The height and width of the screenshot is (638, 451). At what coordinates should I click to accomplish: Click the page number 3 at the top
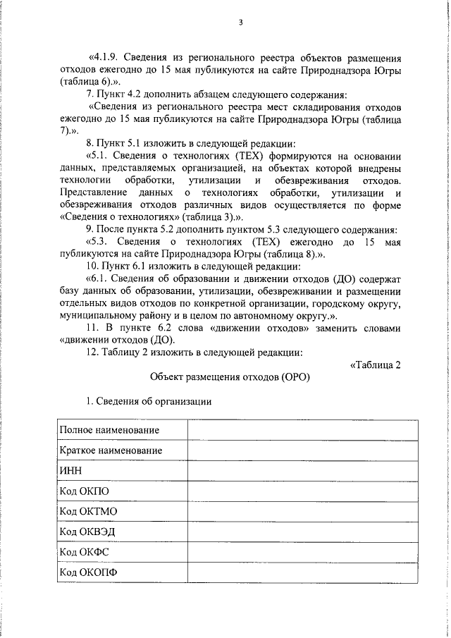click(x=240, y=22)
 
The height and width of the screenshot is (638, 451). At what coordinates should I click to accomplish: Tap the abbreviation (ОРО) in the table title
click(x=295, y=377)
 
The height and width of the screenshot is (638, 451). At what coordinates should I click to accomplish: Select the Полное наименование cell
click(x=109, y=429)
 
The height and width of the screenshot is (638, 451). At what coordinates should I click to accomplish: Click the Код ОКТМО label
click(x=88, y=510)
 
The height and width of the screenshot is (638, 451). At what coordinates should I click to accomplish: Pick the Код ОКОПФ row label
click(x=88, y=571)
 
